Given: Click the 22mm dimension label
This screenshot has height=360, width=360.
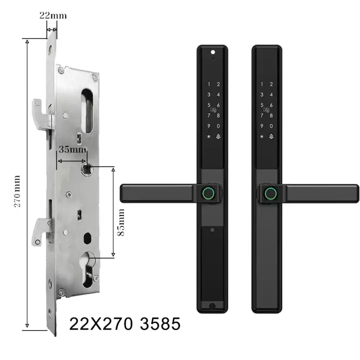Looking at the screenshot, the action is click(x=53, y=15).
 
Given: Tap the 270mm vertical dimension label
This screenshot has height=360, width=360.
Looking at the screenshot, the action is click(x=17, y=191).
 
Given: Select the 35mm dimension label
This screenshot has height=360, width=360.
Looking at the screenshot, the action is click(x=73, y=150).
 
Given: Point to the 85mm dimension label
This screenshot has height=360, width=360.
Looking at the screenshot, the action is click(x=121, y=222).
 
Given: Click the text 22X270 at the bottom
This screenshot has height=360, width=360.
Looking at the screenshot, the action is click(x=101, y=324).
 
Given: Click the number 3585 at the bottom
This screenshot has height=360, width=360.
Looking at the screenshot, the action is click(x=160, y=324).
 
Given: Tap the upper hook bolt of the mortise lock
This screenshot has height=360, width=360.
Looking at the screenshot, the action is click(x=43, y=113).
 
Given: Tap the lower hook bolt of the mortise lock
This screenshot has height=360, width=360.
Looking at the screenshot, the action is click(x=42, y=232).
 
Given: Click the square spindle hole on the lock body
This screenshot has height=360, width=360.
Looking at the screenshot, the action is click(x=87, y=169).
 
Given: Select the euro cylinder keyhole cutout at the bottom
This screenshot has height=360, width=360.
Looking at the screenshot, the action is click(x=87, y=269).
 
